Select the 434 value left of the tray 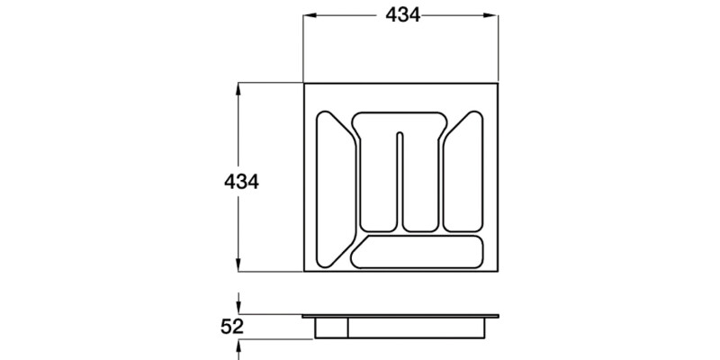click(241, 182)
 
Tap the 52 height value click(232, 327)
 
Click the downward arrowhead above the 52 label click(238, 310)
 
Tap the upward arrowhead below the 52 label click(238, 343)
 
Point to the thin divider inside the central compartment click(400, 180)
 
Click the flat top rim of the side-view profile click(401, 317)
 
